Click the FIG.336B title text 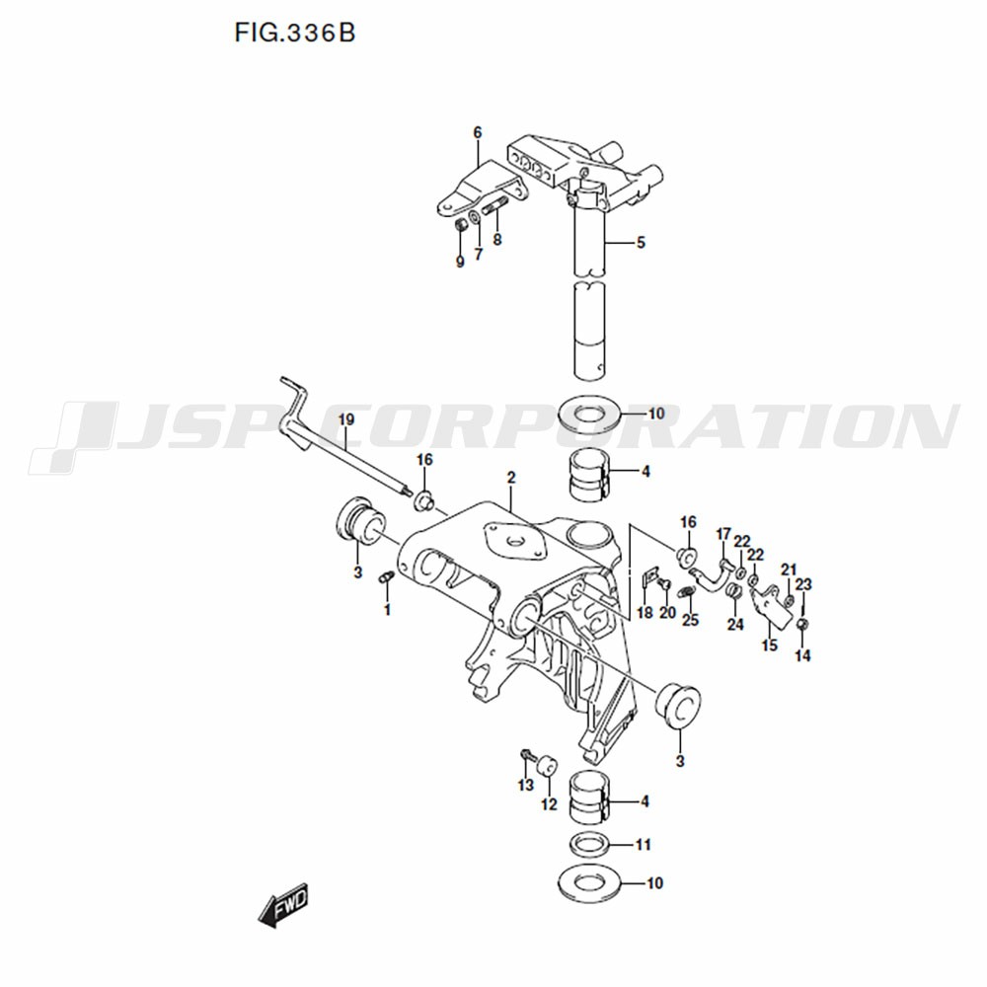(294, 33)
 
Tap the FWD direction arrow (283, 904)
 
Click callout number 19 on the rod (346, 419)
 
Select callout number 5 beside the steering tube (641, 243)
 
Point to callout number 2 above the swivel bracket (511, 478)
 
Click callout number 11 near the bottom (643, 844)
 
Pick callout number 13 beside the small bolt (526, 785)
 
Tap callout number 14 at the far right (802, 656)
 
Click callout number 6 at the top (478, 133)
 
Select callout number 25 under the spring (691, 620)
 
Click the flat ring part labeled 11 (589, 846)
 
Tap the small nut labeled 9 (461, 224)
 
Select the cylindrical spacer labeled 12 (547, 767)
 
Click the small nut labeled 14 (802, 624)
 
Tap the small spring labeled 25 (688, 592)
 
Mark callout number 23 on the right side (803, 584)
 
